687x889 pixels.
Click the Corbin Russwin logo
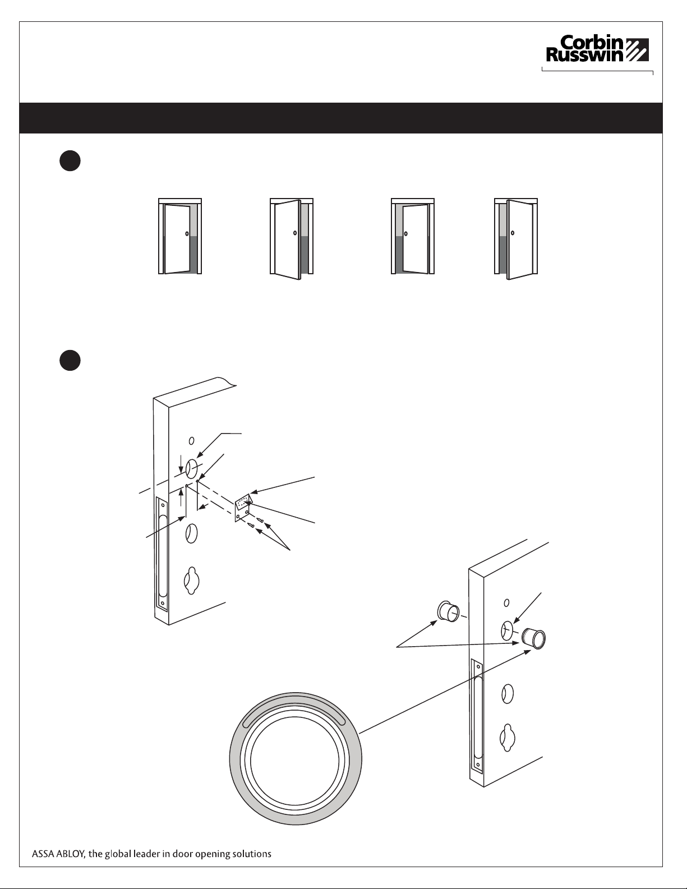point(597,49)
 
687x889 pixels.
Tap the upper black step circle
point(70,161)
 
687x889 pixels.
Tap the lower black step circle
point(70,360)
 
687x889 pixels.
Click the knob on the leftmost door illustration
point(187,233)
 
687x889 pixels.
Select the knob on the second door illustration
point(295,233)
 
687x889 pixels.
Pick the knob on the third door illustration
point(405,233)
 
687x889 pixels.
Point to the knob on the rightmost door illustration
point(513,233)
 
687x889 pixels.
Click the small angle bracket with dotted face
point(244,508)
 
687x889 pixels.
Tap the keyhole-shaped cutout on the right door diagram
point(507,738)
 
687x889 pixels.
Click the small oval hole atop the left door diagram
point(191,441)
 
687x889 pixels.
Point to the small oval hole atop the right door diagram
point(506,602)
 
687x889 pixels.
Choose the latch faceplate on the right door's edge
point(477,716)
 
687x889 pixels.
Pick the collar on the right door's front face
point(534,638)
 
